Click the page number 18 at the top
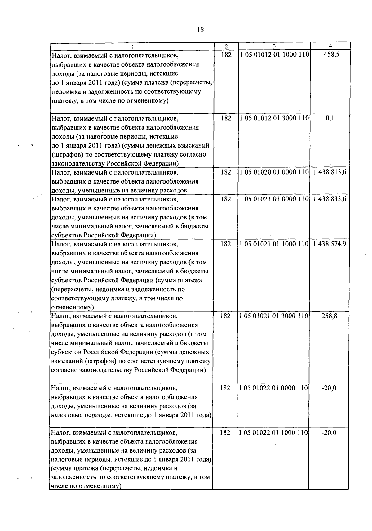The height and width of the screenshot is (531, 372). (x=201, y=29)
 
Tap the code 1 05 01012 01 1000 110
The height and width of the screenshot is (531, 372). (x=274, y=55)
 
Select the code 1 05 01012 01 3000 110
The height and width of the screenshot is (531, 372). (x=274, y=118)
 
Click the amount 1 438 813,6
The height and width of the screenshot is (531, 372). (x=330, y=172)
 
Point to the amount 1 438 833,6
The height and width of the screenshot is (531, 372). (x=330, y=199)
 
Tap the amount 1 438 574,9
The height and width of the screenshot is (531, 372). (x=330, y=244)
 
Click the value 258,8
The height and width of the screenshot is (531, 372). (x=329, y=316)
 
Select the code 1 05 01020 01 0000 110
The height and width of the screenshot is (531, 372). (x=274, y=172)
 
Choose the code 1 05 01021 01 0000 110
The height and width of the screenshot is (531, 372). (x=274, y=199)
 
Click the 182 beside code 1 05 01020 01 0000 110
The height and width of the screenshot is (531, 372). (x=226, y=172)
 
